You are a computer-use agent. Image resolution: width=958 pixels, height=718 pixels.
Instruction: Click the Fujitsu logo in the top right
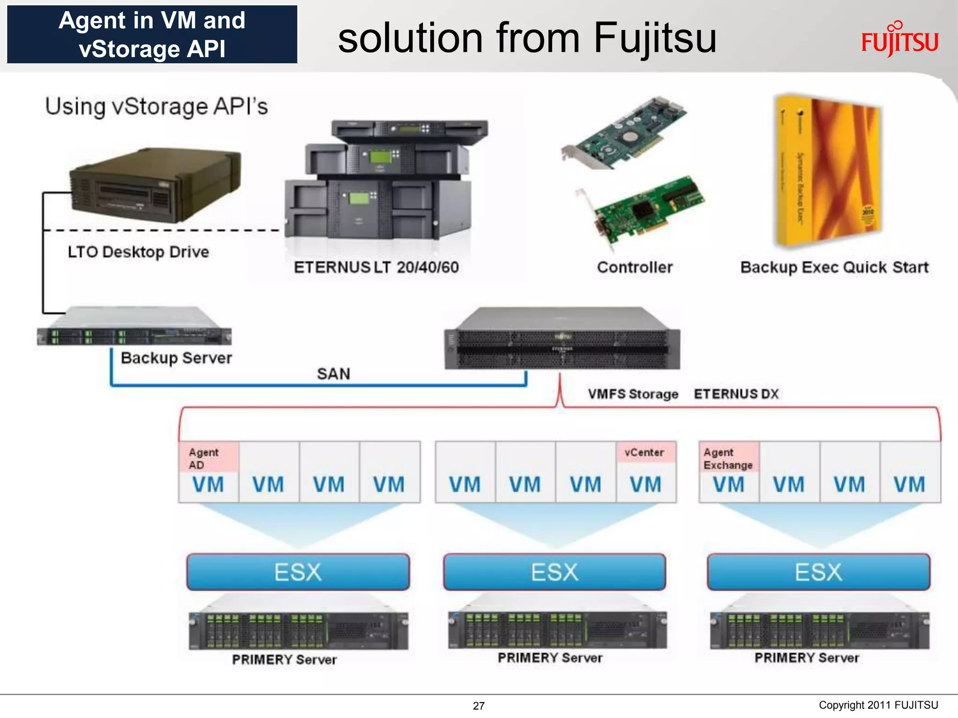[x=900, y=40]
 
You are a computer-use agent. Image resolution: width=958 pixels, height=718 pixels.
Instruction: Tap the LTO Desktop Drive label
[x=138, y=252]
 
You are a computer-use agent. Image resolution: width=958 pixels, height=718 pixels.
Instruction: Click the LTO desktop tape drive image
[x=156, y=186]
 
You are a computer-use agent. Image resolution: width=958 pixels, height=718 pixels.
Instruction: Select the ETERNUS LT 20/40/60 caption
[x=376, y=267]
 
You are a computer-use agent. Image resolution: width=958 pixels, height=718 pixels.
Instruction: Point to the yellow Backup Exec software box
[x=827, y=171]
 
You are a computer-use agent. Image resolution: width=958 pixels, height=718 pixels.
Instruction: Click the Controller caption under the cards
[x=635, y=267]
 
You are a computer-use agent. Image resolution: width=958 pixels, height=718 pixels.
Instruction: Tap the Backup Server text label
[x=176, y=358]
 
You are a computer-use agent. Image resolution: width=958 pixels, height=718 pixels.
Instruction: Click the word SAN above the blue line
[x=334, y=374]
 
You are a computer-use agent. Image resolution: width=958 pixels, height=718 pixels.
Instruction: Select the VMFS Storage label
[x=633, y=394]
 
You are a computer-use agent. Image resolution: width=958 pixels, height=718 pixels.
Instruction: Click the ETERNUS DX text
[x=736, y=394]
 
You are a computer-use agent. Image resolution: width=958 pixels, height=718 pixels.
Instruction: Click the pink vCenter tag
[x=645, y=452]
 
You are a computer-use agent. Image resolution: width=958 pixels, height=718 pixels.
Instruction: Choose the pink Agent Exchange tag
[x=728, y=458]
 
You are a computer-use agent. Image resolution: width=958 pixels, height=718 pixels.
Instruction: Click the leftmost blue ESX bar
[x=298, y=572]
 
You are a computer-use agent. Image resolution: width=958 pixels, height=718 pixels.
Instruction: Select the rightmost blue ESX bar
[x=819, y=572]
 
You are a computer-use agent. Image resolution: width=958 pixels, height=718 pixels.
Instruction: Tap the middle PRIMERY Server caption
[x=550, y=658]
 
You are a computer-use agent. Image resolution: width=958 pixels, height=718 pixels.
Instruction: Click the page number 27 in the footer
[x=479, y=706]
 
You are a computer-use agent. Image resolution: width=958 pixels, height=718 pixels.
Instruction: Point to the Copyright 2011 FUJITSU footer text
[x=878, y=705]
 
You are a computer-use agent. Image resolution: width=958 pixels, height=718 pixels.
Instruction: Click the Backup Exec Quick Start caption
[x=834, y=267]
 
